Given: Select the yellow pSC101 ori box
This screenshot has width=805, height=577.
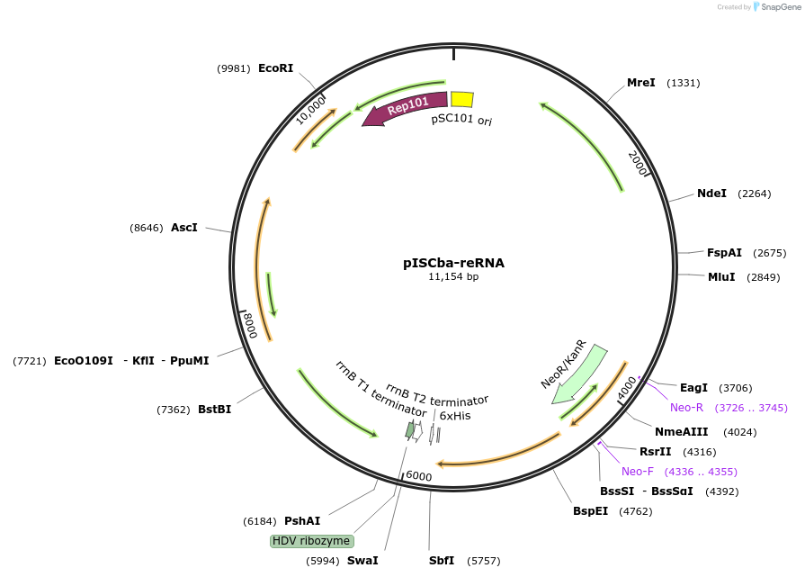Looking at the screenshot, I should [x=461, y=99].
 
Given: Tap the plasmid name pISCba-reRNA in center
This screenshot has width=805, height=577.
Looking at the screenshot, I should [x=453, y=263].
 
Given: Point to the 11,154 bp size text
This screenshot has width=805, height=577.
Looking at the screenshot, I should [x=453, y=277].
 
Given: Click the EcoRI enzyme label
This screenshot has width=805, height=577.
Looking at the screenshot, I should [x=275, y=68].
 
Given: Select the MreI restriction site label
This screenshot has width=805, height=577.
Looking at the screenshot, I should [x=641, y=83].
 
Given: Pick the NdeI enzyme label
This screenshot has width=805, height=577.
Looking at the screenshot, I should [x=711, y=194].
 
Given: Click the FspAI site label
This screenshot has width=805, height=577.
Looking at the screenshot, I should [x=724, y=253].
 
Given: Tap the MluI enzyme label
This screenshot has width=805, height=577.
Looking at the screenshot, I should [x=721, y=277].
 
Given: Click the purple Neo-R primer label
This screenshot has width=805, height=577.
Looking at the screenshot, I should [x=686, y=408].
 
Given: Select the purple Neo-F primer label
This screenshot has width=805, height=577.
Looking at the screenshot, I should [x=638, y=472].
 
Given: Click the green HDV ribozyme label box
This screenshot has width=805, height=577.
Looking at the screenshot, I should [x=312, y=541].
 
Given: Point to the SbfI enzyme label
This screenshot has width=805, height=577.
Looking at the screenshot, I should [x=442, y=561].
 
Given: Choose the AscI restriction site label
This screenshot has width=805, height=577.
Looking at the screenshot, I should [x=184, y=228].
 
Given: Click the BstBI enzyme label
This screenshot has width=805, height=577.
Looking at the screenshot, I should [x=214, y=410].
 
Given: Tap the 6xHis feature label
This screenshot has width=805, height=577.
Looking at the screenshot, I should [x=455, y=416].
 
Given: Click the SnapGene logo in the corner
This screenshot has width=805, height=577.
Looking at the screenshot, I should [x=773, y=7].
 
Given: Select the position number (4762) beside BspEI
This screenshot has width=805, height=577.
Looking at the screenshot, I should [x=635, y=511].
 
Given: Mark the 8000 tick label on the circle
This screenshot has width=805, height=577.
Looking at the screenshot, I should [x=251, y=326].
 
